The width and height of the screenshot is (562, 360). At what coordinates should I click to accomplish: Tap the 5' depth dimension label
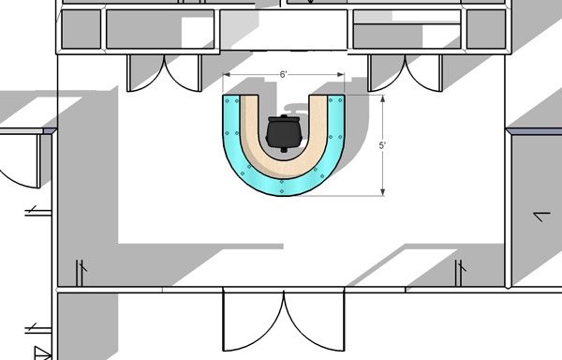coord(384,145)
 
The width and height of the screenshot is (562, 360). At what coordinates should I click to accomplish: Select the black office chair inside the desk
coord(284,131)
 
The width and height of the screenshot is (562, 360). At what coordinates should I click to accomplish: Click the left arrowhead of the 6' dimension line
coord(226,75)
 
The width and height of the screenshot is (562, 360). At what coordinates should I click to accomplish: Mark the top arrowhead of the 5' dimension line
coord(384,97)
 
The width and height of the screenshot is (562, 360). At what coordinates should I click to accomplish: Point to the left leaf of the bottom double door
coord(251,323)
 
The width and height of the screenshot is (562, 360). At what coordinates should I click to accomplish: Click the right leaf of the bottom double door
coord(314,323)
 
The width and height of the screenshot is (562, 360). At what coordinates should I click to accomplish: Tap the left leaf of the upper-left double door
coord(145,73)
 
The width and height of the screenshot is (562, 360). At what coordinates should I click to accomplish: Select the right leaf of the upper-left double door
coord(180,73)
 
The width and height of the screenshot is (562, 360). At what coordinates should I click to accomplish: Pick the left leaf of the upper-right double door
coord(387,73)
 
